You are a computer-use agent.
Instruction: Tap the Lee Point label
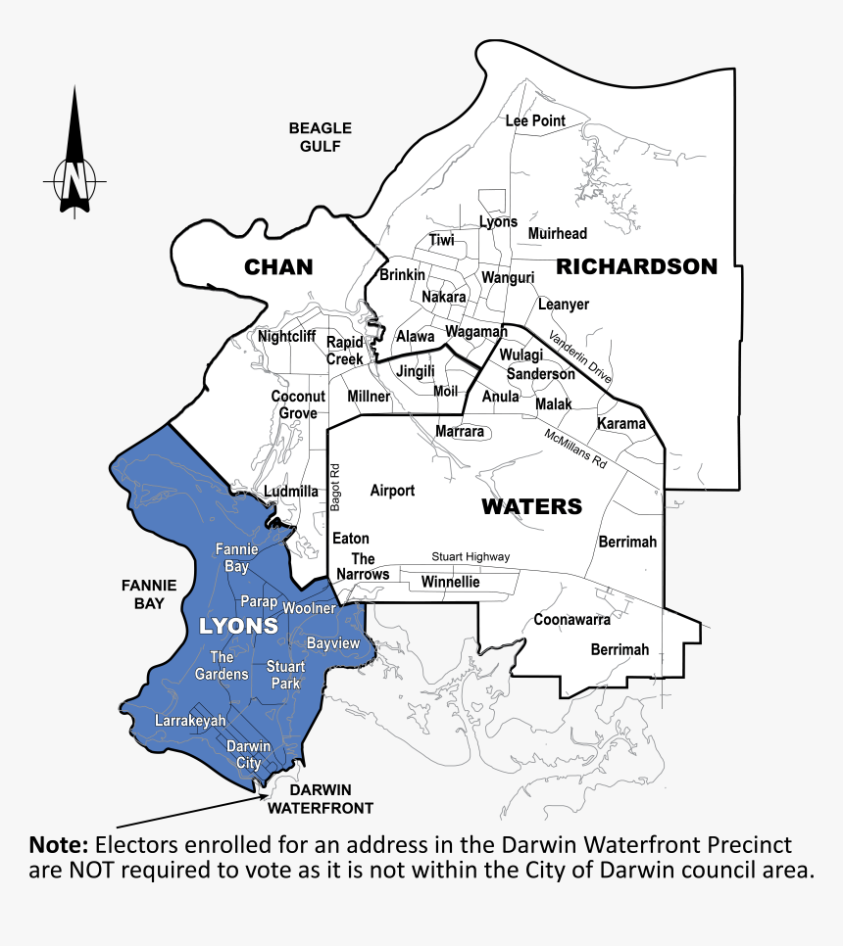pos(535,121)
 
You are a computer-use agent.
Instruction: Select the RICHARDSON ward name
pos(637,266)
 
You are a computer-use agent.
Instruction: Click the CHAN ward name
pos(278,266)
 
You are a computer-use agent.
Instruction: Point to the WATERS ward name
pos(531,506)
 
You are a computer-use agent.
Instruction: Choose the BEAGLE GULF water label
pos(320,137)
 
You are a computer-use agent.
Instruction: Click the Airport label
pos(392,491)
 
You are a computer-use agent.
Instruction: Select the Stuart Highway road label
pos(471,557)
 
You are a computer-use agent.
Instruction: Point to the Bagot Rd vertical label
pos(335,486)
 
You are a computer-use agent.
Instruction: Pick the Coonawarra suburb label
pos(571,620)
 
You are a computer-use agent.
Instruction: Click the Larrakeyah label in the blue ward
pos(191,722)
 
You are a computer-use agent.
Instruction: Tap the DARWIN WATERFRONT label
pos(321,799)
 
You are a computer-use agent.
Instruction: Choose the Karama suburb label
pos(621,424)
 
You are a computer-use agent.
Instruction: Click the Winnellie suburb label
pos(450,582)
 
